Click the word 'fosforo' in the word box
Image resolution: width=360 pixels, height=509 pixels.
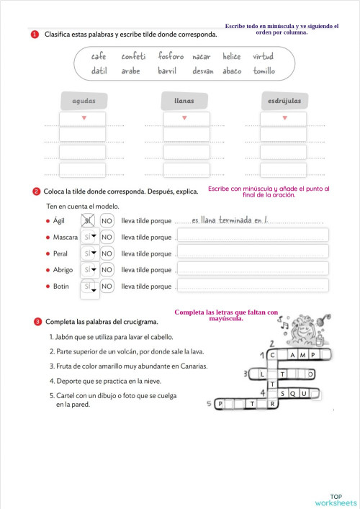171,56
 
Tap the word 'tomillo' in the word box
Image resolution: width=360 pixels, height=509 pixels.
264,71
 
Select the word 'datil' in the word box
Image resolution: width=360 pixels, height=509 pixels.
99,71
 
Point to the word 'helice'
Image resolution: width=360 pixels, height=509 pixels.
232,56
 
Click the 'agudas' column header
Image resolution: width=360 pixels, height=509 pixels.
84,100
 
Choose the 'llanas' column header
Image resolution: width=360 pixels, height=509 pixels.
184,100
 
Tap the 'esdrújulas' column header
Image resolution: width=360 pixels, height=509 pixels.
284,100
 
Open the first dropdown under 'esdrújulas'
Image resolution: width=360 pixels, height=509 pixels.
284,118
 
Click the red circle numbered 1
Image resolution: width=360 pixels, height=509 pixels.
35,35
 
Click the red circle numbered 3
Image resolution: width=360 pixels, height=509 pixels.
35,321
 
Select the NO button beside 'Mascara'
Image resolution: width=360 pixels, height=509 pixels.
107,237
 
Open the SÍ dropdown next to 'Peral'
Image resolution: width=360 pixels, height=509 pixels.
89,253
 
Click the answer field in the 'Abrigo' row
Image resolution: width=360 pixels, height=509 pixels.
252,270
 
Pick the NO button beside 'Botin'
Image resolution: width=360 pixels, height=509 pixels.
107,287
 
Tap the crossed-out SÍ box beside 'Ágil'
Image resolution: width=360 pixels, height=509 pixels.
88,220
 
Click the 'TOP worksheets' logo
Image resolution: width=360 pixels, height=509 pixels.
336,499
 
